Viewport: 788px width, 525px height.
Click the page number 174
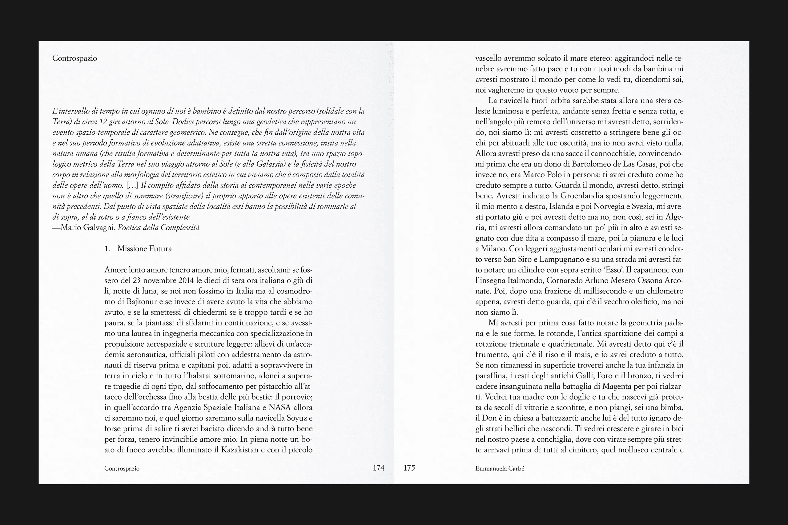[378, 468]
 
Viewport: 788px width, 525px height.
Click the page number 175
[409, 468]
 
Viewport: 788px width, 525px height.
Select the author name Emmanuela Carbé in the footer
[500, 468]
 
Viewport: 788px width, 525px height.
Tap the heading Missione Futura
[144, 249]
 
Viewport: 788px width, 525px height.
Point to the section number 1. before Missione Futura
[107, 249]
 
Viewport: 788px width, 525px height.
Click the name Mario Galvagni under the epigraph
[88, 228]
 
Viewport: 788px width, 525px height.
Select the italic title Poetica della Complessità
[159, 228]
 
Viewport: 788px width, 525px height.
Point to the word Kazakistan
[239, 450]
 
